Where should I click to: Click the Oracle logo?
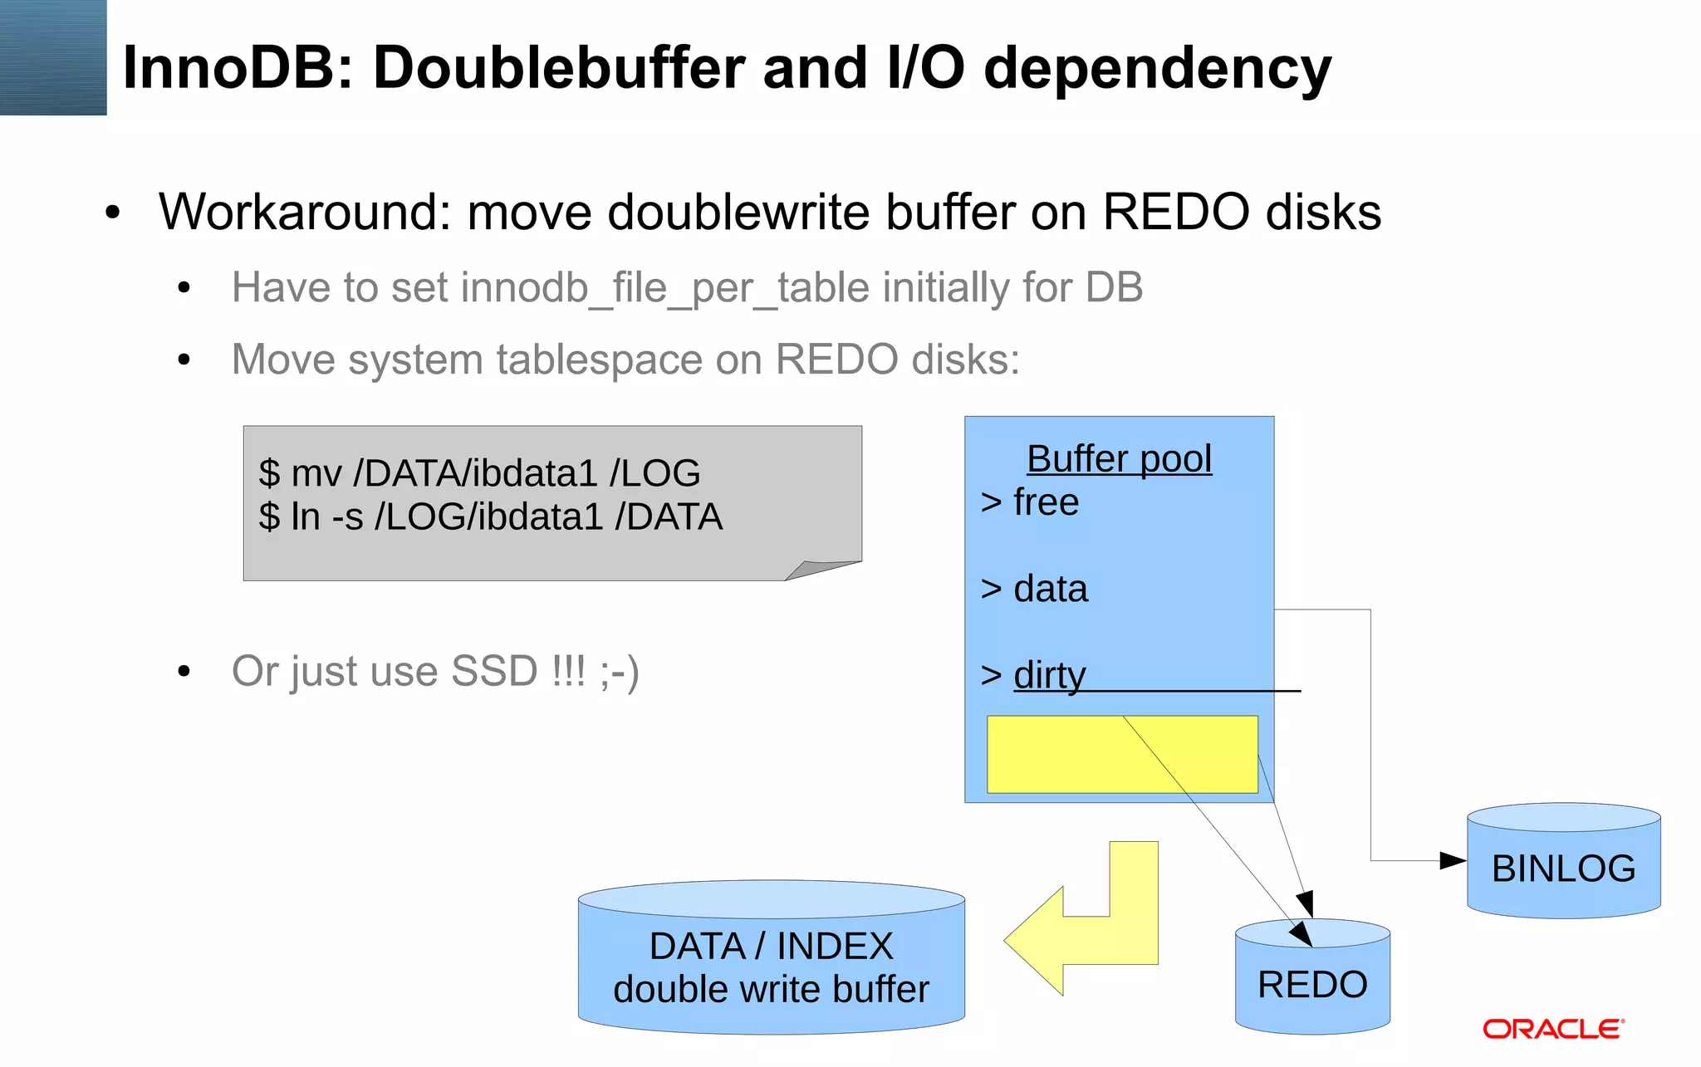point(1552,1030)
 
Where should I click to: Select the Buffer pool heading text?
point(1119,459)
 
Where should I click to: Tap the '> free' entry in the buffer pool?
point(1030,502)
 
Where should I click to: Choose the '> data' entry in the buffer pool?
point(1034,589)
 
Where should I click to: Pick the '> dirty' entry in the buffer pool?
point(1034,675)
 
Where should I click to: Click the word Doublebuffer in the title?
point(559,68)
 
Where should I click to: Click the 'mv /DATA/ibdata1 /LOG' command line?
point(480,473)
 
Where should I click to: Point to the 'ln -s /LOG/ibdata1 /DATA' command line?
point(490,516)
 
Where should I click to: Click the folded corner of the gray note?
point(818,570)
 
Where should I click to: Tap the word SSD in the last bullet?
point(494,671)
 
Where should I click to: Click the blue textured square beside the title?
point(53,57)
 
